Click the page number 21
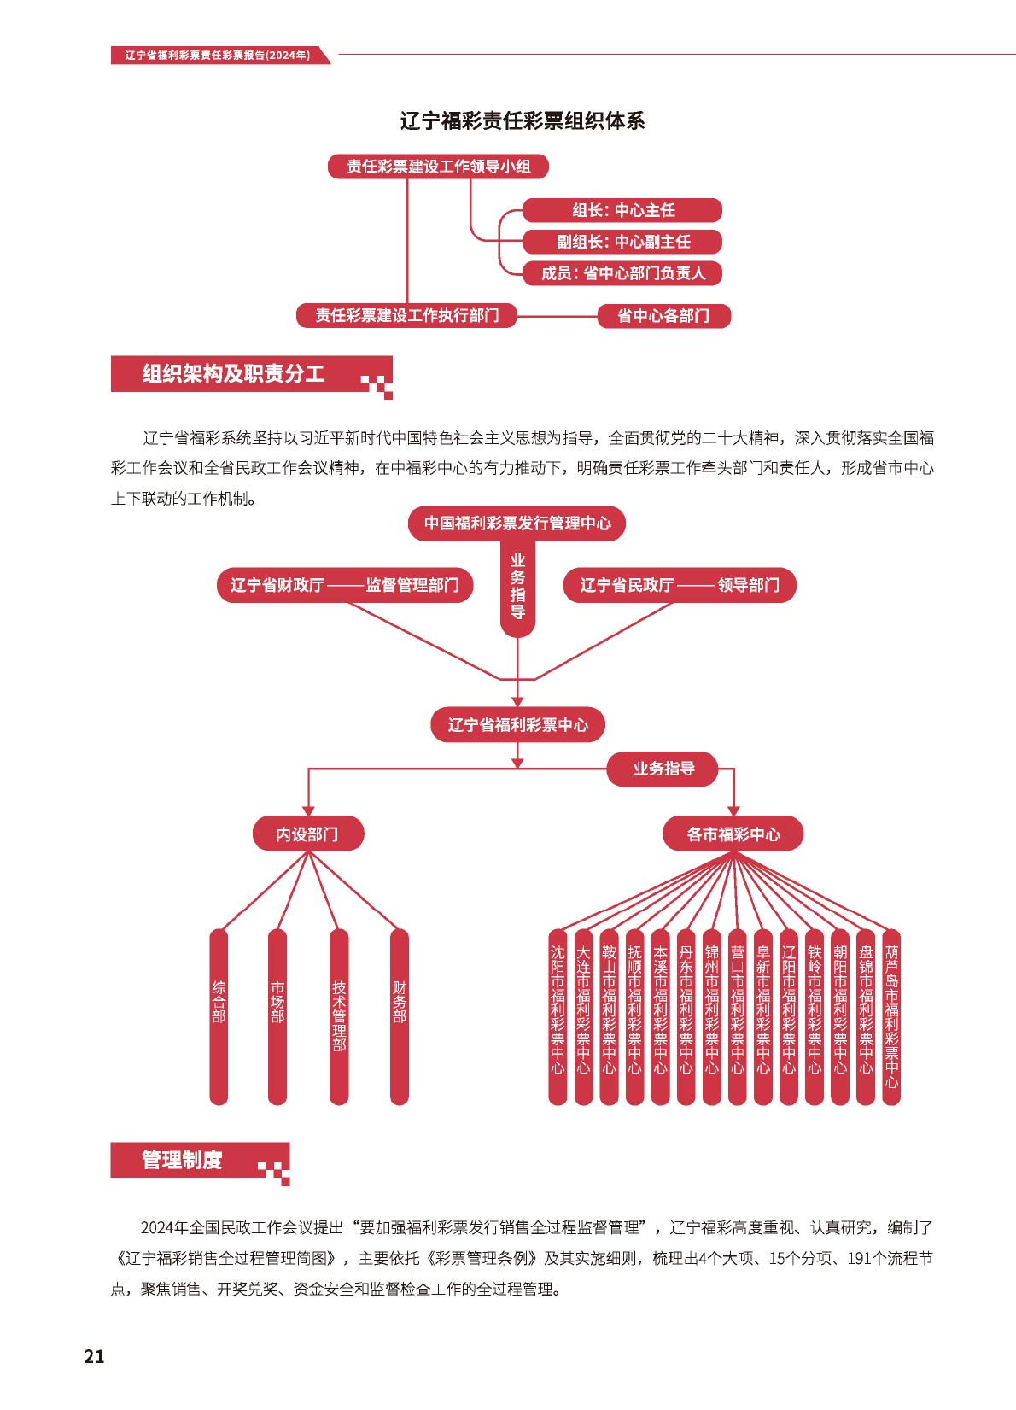click(x=95, y=1356)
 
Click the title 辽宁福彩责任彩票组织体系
click(x=523, y=121)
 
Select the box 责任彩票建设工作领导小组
click(x=439, y=167)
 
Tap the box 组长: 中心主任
click(x=622, y=210)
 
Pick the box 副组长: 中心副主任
click(x=622, y=242)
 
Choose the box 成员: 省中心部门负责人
click(x=622, y=273)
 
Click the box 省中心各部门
click(x=663, y=316)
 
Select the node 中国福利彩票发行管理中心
click(x=517, y=523)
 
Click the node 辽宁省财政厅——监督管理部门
click(x=345, y=585)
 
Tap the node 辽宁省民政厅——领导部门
click(x=680, y=585)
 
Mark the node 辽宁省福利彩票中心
click(x=517, y=724)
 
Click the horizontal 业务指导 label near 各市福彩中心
click(x=663, y=769)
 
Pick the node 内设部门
click(x=308, y=834)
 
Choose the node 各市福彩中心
click(x=733, y=834)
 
